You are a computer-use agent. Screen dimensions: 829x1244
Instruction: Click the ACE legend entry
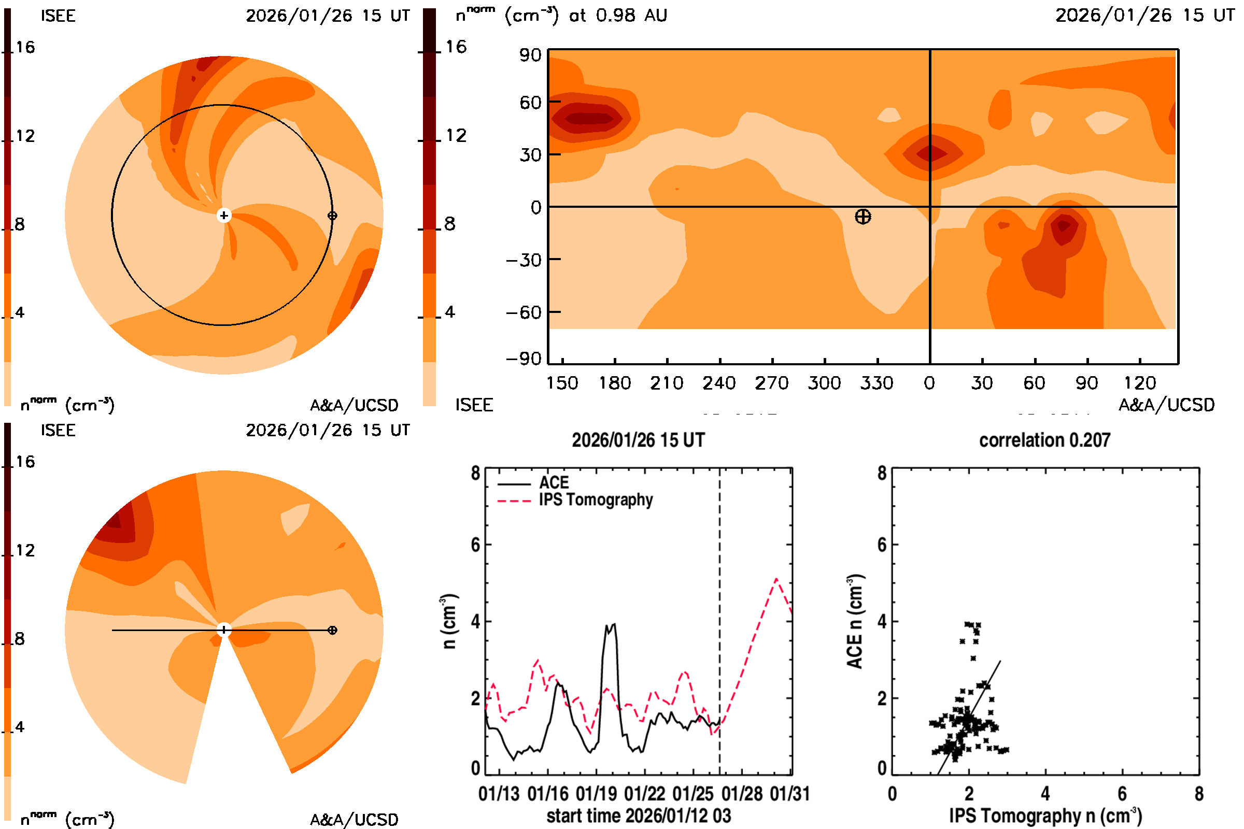pyautogui.click(x=553, y=483)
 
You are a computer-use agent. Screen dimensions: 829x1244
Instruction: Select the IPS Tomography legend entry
pyautogui.click(x=596, y=500)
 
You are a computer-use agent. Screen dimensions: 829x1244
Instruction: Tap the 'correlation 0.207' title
pyautogui.click(x=1044, y=440)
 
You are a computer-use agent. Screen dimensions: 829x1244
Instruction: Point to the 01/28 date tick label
pyautogui.click(x=742, y=794)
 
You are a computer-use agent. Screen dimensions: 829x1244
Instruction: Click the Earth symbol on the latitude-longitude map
pyautogui.click(x=863, y=217)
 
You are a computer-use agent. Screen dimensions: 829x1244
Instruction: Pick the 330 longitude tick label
pyautogui.click(x=877, y=383)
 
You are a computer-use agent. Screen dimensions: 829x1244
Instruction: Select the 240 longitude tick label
pyautogui.click(x=719, y=383)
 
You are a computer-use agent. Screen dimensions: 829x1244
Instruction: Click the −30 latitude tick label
pyautogui.click(x=524, y=260)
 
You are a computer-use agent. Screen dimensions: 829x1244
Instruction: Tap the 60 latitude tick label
pyautogui.click(x=530, y=103)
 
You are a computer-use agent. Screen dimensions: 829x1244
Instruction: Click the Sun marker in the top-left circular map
pyautogui.click(x=224, y=216)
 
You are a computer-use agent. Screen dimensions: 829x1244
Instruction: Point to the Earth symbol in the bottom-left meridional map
pyautogui.click(x=332, y=630)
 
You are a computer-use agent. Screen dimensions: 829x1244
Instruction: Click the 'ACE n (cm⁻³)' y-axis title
pyautogui.click(x=855, y=621)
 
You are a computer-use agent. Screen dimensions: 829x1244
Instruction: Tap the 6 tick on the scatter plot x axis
pyautogui.click(x=1122, y=794)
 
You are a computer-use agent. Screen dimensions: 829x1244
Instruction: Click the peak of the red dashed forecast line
pyautogui.click(x=776, y=579)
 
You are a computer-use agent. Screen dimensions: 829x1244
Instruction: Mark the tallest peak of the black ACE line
pyautogui.click(x=614, y=624)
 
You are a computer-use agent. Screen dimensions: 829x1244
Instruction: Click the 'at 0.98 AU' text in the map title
pyautogui.click(x=618, y=16)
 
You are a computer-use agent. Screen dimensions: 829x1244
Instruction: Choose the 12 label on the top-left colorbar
pyautogui.click(x=25, y=136)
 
